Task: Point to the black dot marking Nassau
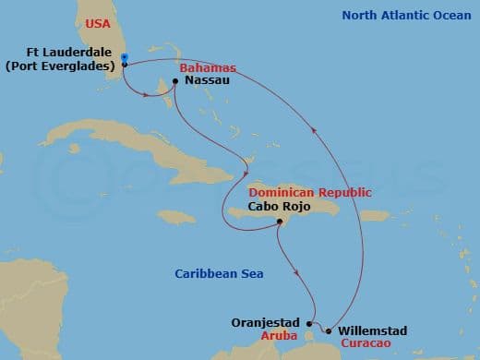[x=175, y=81]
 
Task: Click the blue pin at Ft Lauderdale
[x=124, y=59]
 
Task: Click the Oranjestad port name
[x=267, y=322]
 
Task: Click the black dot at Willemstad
[x=329, y=330]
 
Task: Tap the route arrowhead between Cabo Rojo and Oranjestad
[x=294, y=271]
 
